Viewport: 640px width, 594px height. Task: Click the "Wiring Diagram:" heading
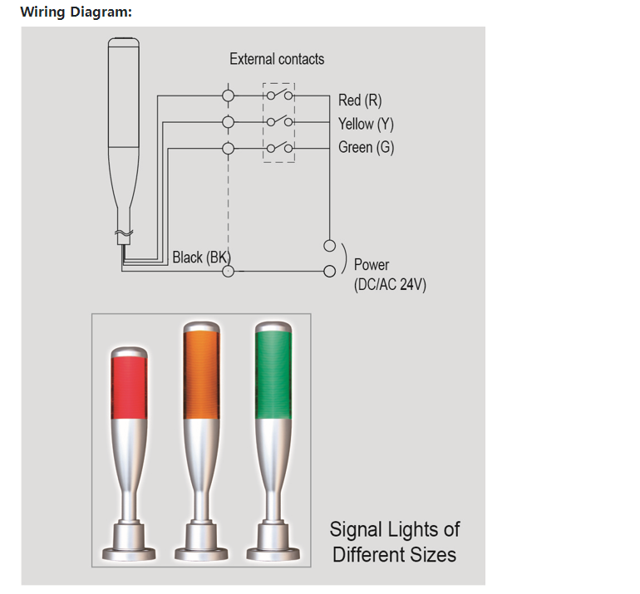point(76,12)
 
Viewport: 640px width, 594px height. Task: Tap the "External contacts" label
point(277,59)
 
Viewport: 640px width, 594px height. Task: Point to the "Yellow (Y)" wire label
point(366,124)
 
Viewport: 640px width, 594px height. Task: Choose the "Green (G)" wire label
point(366,148)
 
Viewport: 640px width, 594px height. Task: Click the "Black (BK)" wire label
point(200,257)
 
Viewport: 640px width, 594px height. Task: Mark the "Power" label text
point(371,265)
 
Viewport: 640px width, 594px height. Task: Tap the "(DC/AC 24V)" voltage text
point(390,284)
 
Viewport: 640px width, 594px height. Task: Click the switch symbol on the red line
point(278,96)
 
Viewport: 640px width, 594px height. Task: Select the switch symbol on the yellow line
point(278,121)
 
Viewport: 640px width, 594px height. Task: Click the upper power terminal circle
point(330,246)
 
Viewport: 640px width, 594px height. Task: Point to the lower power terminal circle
point(330,271)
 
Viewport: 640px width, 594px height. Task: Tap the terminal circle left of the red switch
point(228,96)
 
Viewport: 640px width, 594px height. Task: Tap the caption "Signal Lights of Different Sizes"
point(394,542)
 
